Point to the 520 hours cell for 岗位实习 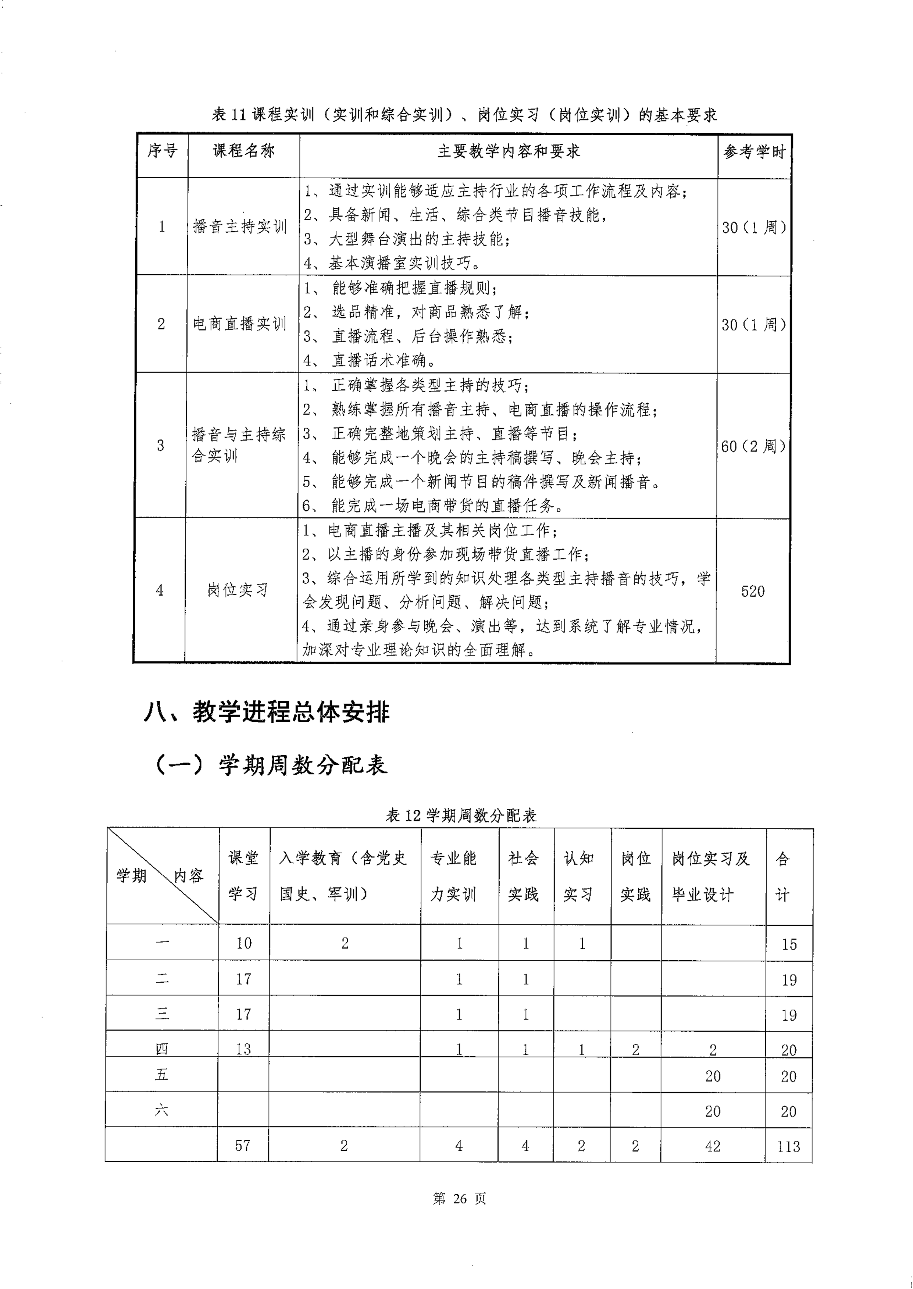(x=752, y=591)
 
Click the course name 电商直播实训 (x=239, y=324)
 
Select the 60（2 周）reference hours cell (x=753, y=446)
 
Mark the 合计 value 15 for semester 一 (x=789, y=944)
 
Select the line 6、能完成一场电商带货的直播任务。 (x=433, y=506)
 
